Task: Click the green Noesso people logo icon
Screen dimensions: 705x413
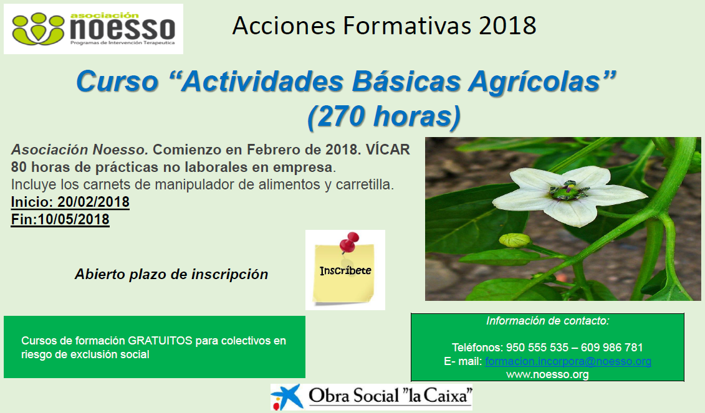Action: [x=38, y=29]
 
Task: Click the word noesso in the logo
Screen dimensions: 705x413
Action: [x=123, y=29]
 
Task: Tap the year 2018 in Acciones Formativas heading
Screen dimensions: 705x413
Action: [x=507, y=26]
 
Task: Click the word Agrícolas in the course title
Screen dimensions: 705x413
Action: [x=541, y=82]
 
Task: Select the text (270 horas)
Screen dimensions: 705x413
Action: [x=384, y=116]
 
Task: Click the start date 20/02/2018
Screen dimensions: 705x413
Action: [x=94, y=202]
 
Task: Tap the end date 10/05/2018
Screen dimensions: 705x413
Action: [x=74, y=219]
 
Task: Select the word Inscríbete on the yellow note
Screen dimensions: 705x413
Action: [x=345, y=270]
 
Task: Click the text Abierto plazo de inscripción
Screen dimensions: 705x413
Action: [x=171, y=274]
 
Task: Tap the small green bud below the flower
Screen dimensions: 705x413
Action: [x=516, y=240]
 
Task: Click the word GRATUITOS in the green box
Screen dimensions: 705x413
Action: [x=160, y=341]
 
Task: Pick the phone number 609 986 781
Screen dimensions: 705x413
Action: [x=612, y=348]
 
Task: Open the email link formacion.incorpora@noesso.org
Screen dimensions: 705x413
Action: [x=568, y=361]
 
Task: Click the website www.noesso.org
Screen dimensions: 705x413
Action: [x=547, y=374]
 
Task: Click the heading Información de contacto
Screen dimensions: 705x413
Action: [x=548, y=321]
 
